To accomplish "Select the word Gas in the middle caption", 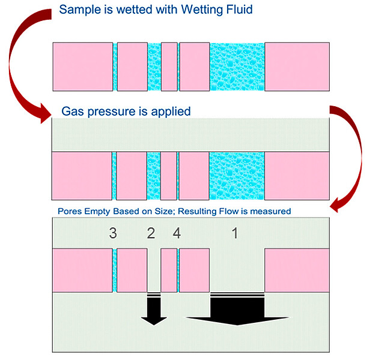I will [74, 112].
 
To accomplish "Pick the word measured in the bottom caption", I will [268, 211].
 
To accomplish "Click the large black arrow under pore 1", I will [237, 310].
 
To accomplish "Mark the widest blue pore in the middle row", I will [237, 176].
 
